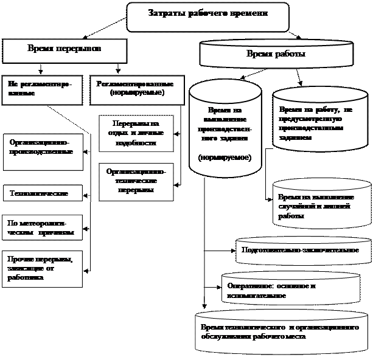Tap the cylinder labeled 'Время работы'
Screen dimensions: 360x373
tap(275, 54)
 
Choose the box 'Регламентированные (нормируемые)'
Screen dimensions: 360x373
tap(128, 89)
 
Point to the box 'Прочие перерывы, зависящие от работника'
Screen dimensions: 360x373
tap(41, 268)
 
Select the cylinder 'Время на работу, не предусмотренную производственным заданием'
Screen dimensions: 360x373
tap(319, 125)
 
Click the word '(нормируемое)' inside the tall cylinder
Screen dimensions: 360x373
tap(225, 157)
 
